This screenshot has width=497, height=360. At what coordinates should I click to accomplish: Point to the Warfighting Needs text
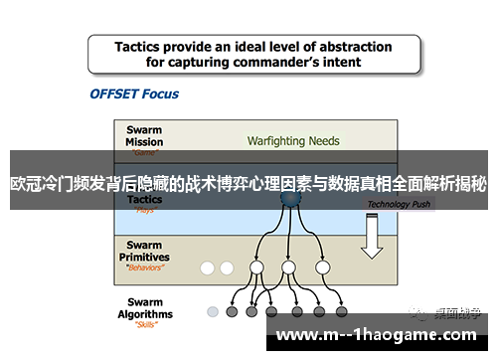[x=292, y=140]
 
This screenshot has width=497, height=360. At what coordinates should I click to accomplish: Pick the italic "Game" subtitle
[x=146, y=153]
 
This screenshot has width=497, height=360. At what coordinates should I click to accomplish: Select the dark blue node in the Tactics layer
[x=288, y=199]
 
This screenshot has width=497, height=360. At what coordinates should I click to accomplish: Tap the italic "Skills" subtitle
[x=146, y=325]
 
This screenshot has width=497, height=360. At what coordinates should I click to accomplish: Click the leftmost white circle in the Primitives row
[x=208, y=268]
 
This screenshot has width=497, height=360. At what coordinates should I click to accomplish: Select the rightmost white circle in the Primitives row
[x=321, y=268]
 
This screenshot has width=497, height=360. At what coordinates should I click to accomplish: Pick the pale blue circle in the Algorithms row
[x=212, y=311]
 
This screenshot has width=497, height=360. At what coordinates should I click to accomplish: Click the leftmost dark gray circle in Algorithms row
[x=232, y=311]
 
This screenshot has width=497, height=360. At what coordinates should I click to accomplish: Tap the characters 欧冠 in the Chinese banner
[x=25, y=184]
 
